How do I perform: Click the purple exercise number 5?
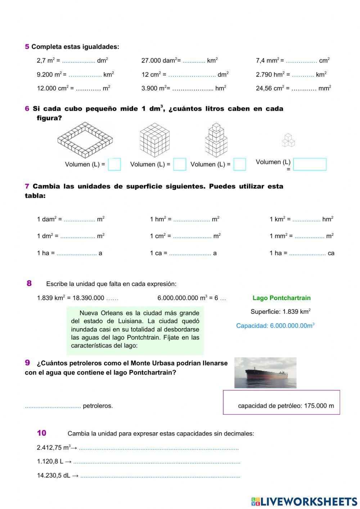27,47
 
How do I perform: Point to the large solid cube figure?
154,140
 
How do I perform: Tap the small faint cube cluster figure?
288,140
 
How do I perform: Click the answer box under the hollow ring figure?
114,164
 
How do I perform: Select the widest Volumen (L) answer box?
310,164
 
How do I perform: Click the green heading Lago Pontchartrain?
281,298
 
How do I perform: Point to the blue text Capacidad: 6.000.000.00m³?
275,326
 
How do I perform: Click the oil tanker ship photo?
265,373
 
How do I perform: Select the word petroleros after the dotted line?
98,406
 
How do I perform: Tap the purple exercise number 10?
41,433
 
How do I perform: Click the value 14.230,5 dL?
54,475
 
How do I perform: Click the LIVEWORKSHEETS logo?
304,501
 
